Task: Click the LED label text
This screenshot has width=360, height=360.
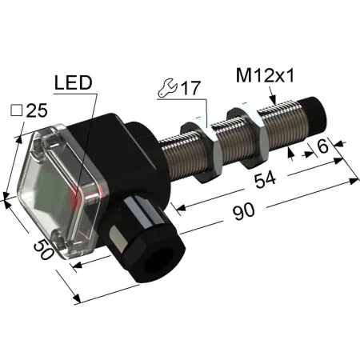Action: (x=73, y=82)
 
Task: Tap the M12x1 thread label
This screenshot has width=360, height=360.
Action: (x=265, y=75)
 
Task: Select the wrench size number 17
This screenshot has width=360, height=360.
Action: (x=190, y=88)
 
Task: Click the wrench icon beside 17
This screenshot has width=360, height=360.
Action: (x=167, y=87)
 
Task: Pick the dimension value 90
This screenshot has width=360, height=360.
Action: (x=243, y=211)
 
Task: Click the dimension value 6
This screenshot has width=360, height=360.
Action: (x=323, y=146)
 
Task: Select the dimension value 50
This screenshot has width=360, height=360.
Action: (x=43, y=249)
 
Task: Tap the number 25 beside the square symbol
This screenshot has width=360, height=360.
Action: (x=37, y=110)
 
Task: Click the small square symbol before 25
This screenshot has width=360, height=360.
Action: (x=16, y=110)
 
